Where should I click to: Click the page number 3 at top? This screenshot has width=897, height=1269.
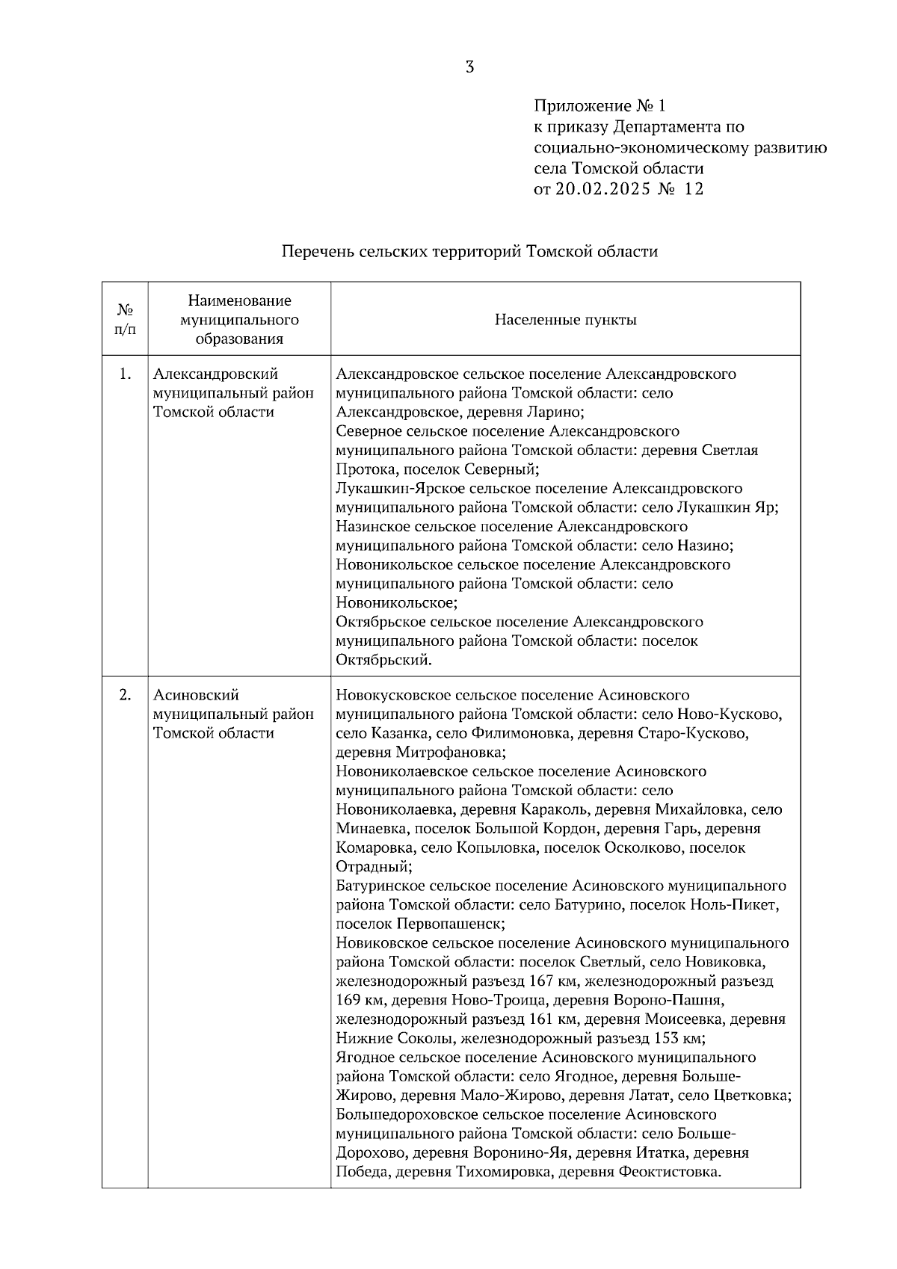[469, 67]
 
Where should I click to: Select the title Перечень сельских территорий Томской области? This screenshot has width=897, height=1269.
[469, 252]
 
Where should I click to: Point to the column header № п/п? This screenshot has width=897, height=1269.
[125, 319]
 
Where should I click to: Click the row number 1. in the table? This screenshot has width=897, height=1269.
[125, 374]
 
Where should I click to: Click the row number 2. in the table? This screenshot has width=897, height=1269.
[125, 695]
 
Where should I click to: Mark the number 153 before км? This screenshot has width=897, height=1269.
[667, 1039]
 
